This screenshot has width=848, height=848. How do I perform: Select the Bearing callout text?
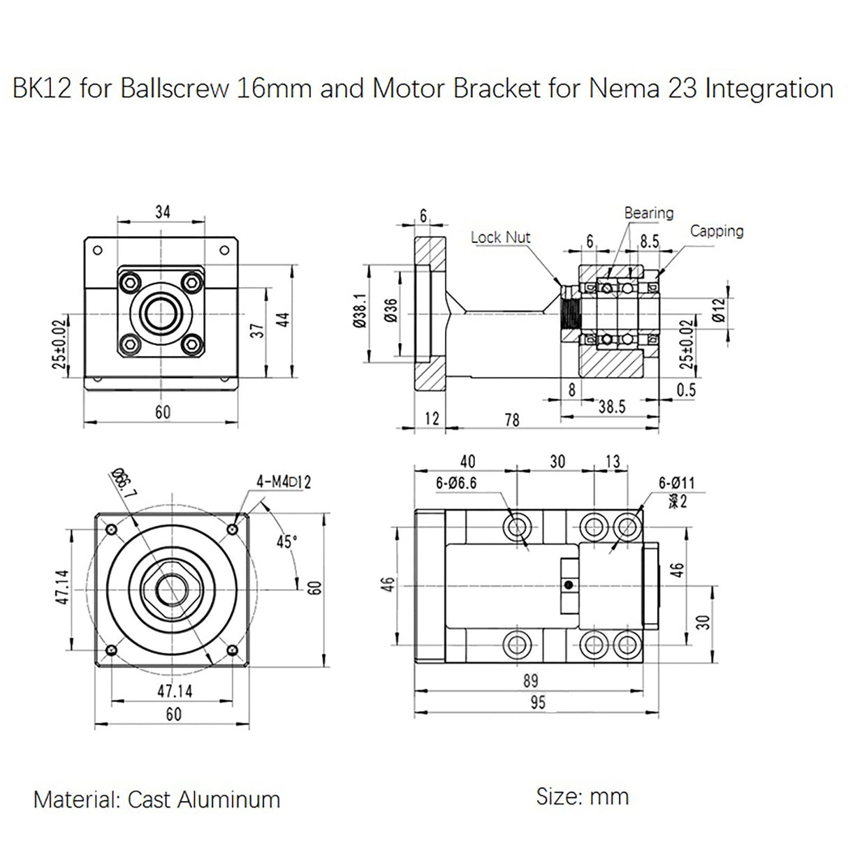coord(648,212)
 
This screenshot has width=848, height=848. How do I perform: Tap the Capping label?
coord(717,231)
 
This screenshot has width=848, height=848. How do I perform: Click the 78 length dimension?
coord(511,419)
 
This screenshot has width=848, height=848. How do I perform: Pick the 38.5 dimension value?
coord(611,407)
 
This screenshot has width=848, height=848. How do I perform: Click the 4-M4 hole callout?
coord(284,482)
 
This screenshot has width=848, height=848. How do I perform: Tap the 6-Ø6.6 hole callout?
coord(456,483)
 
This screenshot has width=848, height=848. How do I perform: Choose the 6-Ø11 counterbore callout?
coord(676,483)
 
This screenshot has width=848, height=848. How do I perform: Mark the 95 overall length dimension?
coord(536,703)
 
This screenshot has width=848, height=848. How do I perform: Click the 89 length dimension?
coord(531,680)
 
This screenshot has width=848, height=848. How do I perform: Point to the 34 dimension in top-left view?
coord(162,211)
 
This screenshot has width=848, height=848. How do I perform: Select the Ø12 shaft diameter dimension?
coord(719,309)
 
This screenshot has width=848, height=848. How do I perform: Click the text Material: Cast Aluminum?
coord(156,799)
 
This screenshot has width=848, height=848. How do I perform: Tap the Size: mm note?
coord(582,796)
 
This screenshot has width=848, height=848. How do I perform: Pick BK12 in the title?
coord(42,89)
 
